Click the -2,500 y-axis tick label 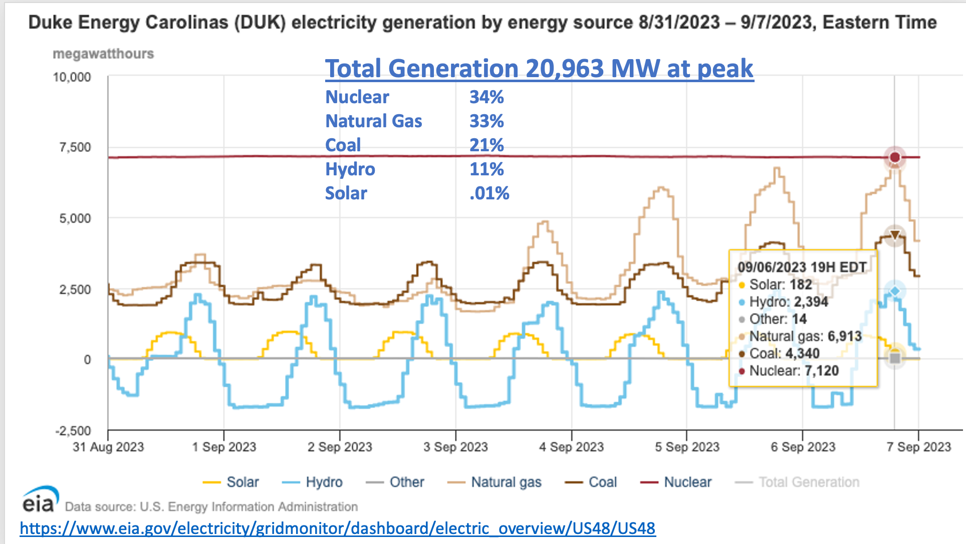coord(73,431)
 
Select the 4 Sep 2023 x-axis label coord(571,447)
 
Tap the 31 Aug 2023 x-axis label coord(108,447)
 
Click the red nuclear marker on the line coord(895,157)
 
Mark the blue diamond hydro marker coord(895,291)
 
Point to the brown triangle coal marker coord(895,235)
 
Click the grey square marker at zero coord(895,358)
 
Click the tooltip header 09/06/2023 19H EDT coord(802,267)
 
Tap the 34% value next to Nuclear coord(487,97)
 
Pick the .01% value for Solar coord(489,193)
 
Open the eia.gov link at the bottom coord(337,528)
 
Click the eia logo coord(39,498)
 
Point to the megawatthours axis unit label coord(103,54)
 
